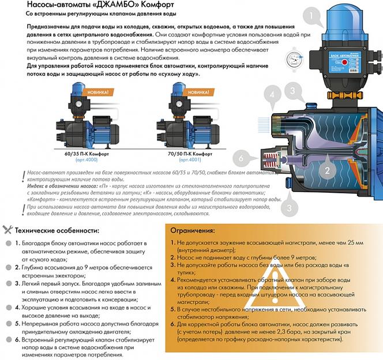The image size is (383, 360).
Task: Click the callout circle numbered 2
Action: click(326, 170)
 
